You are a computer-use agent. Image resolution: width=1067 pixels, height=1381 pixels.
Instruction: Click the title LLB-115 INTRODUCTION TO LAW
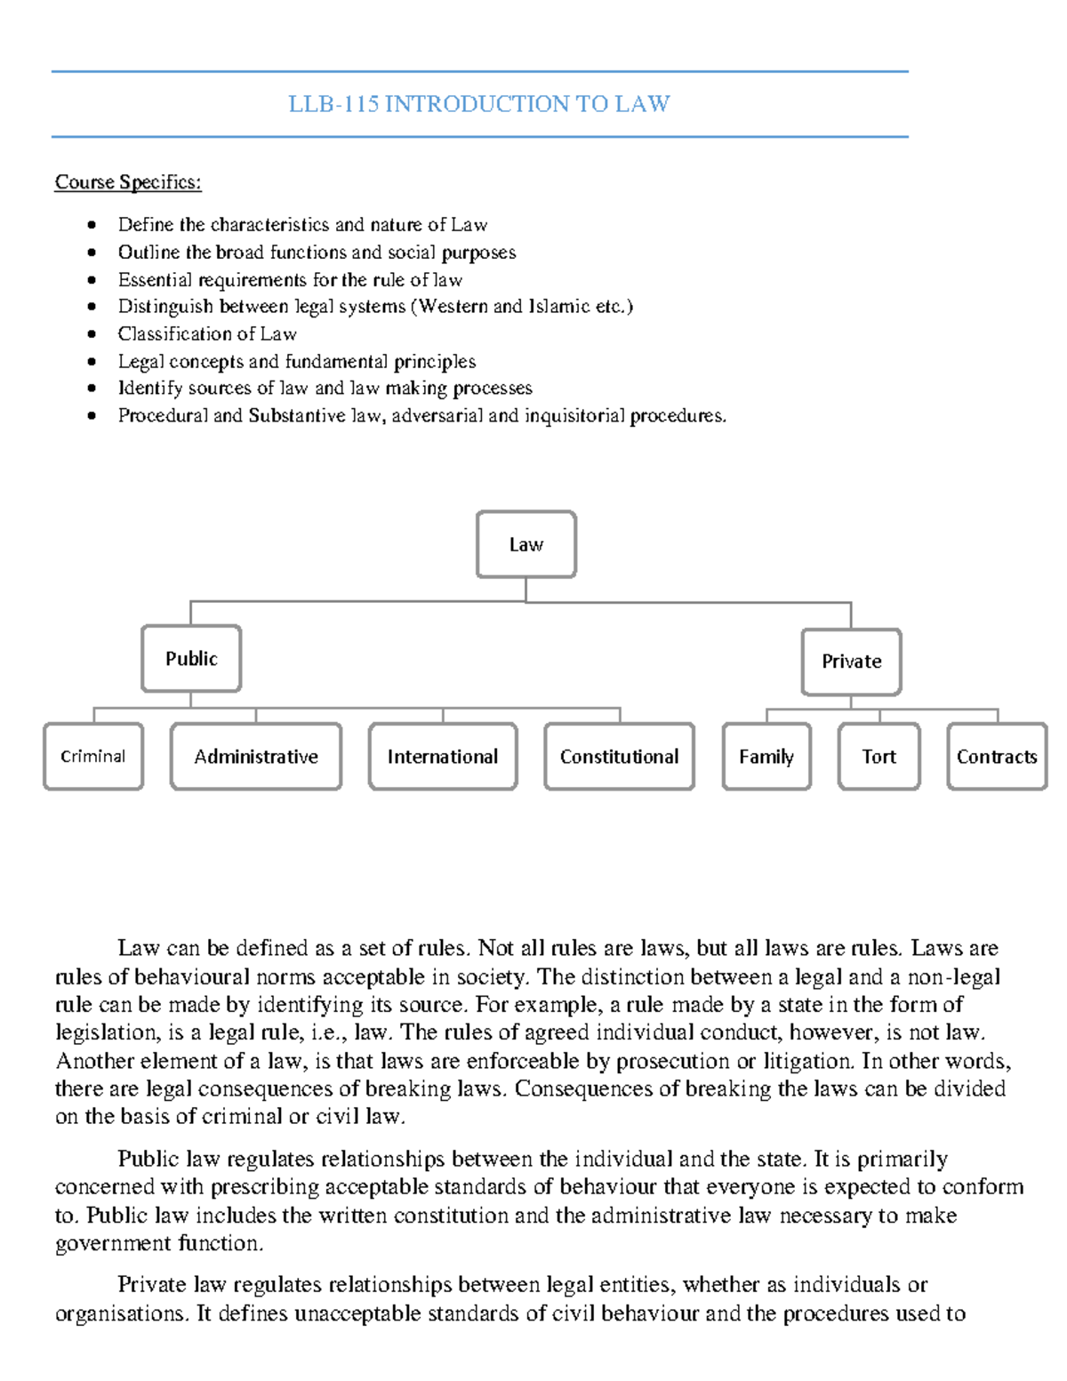click(479, 104)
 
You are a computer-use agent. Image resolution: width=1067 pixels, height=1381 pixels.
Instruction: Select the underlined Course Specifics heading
click(128, 182)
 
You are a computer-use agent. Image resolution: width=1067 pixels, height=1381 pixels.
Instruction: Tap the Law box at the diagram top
click(525, 544)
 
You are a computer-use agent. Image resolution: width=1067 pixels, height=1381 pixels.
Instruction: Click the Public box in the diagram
click(191, 659)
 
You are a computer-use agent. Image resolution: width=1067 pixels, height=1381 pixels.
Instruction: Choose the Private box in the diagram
click(851, 662)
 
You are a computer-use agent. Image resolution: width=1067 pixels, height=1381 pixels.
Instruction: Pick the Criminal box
click(92, 757)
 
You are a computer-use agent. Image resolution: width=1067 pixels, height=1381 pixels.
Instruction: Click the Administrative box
click(256, 757)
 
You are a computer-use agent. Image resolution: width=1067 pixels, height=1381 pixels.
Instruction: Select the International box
click(443, 757)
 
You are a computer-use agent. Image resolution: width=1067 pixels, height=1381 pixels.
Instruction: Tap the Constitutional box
click(619, 757)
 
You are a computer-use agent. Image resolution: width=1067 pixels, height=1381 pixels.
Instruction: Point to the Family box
click(766, 757)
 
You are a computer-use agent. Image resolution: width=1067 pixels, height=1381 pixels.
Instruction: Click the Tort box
click(878, 757)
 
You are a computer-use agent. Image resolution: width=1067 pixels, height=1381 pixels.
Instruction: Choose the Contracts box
click(997, 757)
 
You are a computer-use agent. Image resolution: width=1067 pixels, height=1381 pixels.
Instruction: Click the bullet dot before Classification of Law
click(92, 334)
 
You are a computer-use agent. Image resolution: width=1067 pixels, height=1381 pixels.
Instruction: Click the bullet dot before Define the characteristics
click(92, 225)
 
